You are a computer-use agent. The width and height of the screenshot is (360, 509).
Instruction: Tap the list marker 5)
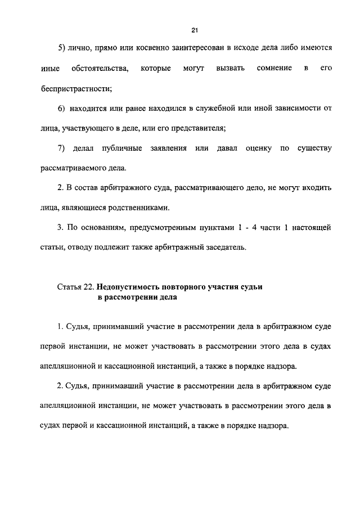62,48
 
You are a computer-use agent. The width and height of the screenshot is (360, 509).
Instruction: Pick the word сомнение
274,68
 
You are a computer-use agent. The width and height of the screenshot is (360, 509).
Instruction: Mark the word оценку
258,148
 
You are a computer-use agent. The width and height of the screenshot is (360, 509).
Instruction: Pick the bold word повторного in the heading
190,287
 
